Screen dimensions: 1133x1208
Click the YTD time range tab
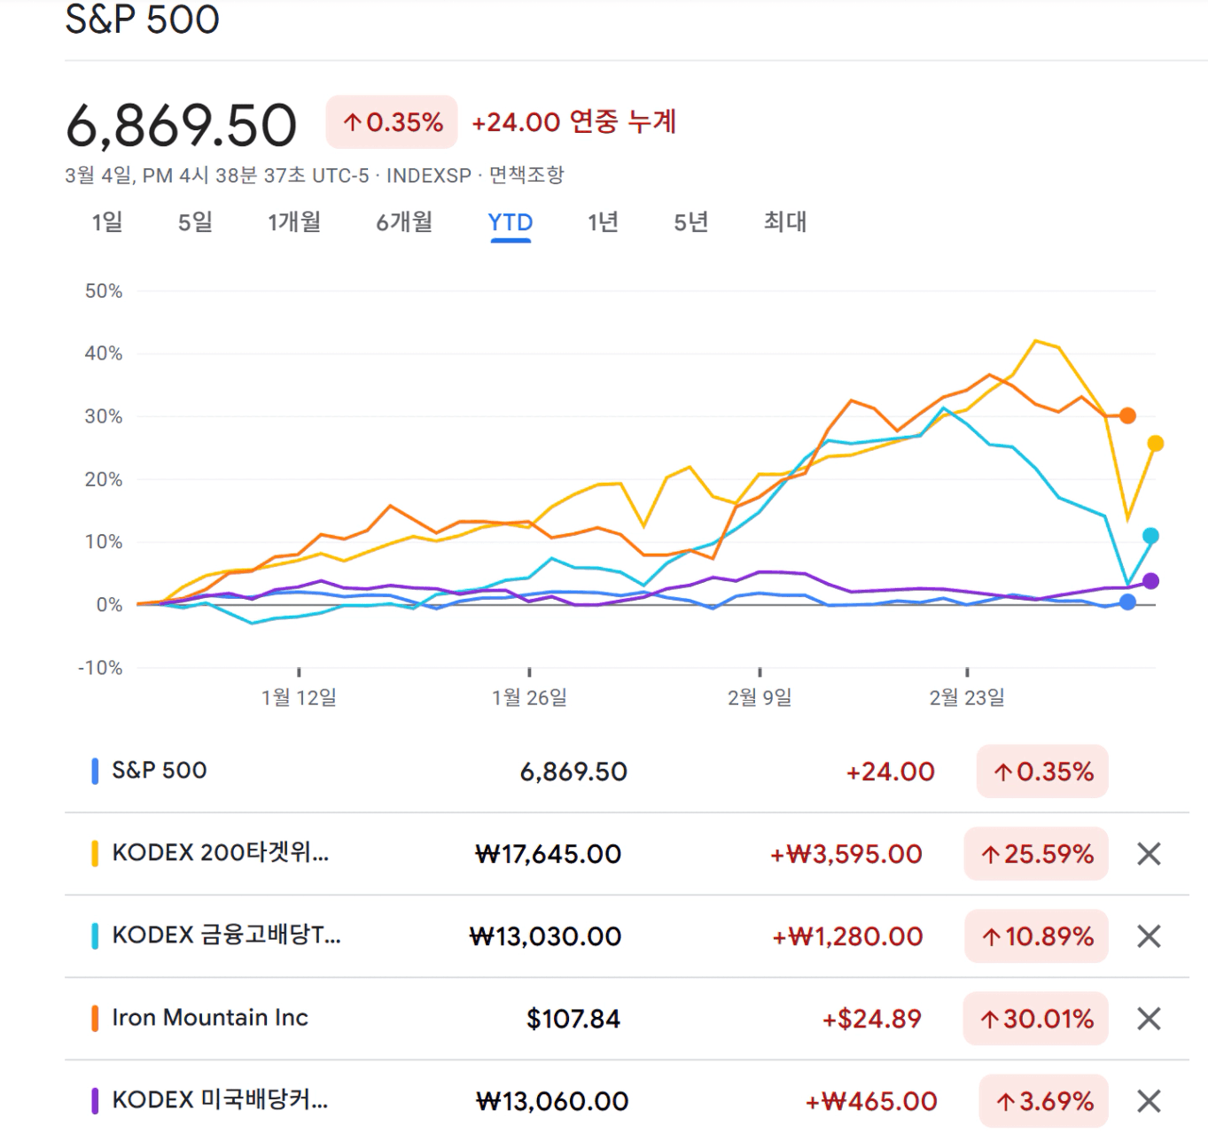point(510,222)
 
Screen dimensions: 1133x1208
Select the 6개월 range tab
point(404,222)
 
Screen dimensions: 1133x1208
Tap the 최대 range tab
point(785,222)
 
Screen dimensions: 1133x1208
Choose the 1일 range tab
point(107,222)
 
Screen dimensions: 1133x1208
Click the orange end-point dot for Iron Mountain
point(1127,415)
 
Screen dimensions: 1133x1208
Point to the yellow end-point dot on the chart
point(1155,443)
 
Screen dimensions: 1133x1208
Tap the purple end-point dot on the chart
point(1150,581)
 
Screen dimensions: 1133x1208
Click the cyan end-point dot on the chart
point(1150,536)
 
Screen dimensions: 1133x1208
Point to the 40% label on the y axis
point(104,353)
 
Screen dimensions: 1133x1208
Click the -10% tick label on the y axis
point(100,668)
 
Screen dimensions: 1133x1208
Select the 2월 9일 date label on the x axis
point(760,698)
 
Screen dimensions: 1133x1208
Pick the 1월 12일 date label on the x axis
point(299,698)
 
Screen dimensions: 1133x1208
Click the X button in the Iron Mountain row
point(1149,1019)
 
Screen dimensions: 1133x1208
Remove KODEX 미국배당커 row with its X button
point(1149,1101)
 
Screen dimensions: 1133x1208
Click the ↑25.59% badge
point(1036,854)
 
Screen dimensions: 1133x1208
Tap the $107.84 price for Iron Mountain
point(573,1019)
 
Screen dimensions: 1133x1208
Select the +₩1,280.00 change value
point(847,936)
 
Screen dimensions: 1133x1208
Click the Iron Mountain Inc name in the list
point(210,1018)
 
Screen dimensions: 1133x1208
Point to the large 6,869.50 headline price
point(182,125)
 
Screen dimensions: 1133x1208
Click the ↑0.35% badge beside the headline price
point(392,122)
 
